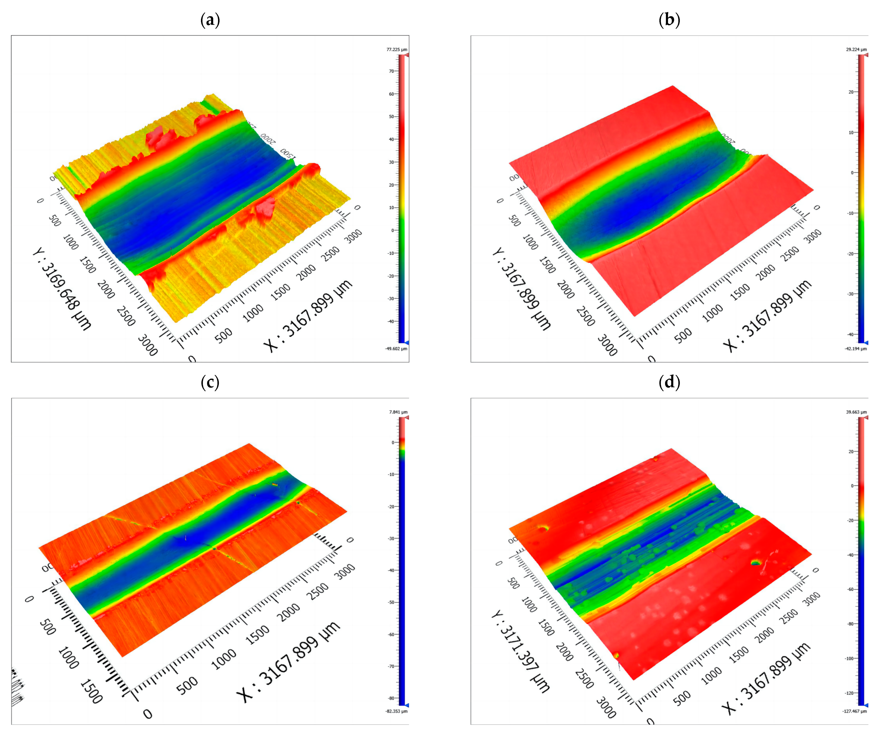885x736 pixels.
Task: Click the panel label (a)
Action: point(210,20)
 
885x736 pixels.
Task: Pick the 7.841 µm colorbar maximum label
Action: point(398,412)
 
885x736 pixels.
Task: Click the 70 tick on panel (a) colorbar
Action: point(391,71)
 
